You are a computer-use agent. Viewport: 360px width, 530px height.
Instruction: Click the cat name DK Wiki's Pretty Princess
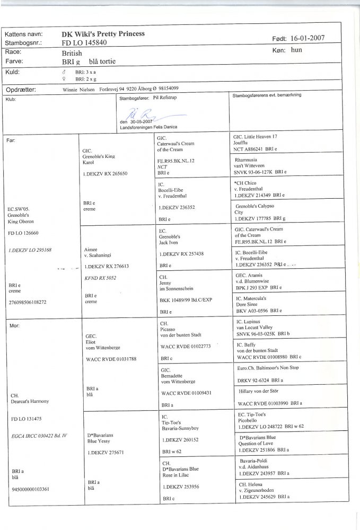[x=103, y=33]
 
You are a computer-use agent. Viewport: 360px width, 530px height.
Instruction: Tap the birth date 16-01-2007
[x=308, y=38]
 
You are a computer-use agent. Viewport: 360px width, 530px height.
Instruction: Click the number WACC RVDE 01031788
[x=111, y=359]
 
